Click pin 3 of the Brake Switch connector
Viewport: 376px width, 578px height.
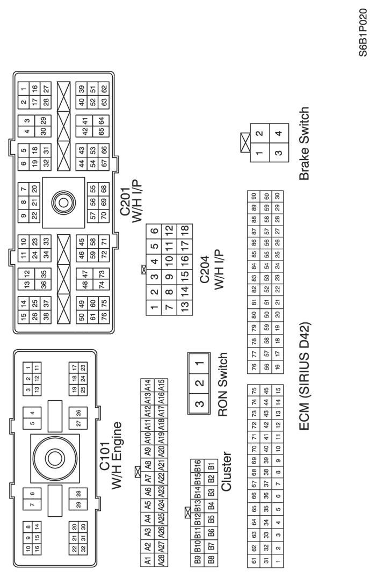point(279,152)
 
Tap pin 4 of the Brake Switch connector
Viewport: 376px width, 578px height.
point(279,133)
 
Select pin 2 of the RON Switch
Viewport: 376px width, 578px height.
point(199,384)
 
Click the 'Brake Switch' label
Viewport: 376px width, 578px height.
point(304,143)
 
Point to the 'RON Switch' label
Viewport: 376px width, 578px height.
point(223,385)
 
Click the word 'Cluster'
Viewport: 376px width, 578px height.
point(226,471)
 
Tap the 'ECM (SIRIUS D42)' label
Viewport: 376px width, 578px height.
point(305,377)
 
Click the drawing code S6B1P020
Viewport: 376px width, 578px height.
point(363,32)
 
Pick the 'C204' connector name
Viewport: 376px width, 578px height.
point(205,269)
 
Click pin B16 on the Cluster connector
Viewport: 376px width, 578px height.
point(197,465)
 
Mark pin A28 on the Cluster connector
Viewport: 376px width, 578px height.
point(161,559)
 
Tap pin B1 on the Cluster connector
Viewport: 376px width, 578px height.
point(211,466)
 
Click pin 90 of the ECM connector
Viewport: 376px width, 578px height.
point(254,197)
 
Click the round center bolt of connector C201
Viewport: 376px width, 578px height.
point(63,202)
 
